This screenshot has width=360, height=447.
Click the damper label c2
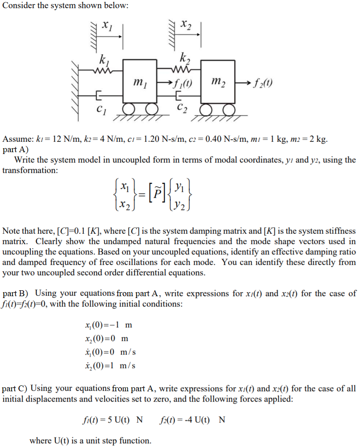pyautogui.click(x=181, y=109)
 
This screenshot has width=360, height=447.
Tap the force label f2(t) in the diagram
pyautogui.click(x=263, y=84)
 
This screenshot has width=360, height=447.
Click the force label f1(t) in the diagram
pyautogui.click(x=182, y=84)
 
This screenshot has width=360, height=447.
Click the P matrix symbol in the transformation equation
pyautogui.click(x=157, y=193)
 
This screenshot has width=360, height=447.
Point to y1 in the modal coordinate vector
pyautogui.click(x=180, y=186)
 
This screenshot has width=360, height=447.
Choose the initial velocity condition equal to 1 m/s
pyautogui.click(x=110, y=365)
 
